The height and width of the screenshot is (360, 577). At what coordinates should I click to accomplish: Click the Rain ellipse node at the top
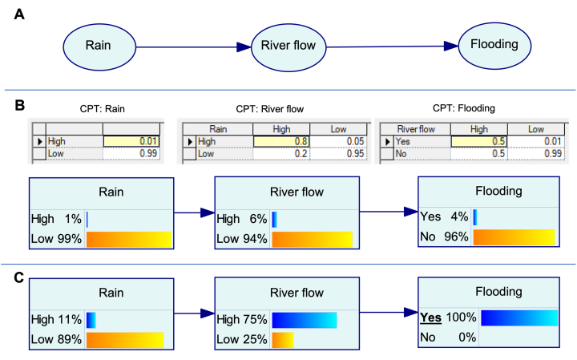coord(98,44)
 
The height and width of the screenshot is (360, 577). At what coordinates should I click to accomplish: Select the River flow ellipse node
coord(288,45)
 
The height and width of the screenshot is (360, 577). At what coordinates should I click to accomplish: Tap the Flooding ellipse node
coord(494,44)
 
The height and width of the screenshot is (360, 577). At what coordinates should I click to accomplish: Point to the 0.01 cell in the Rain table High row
coord(131,141)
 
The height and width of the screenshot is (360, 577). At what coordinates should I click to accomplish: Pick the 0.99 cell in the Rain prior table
coord(131,153)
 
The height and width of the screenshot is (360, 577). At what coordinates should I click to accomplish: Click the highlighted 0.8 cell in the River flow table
coord(281,141)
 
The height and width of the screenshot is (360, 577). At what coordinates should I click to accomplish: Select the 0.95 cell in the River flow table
coord(338,153)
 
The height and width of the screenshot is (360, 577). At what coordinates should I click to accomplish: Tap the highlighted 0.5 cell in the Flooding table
coord(479,141)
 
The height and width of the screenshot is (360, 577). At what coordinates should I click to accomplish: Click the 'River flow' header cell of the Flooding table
coord(416,129)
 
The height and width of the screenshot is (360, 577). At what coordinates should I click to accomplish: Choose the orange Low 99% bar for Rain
coord(128,239)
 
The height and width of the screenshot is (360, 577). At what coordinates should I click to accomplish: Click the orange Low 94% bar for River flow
coord(312,239)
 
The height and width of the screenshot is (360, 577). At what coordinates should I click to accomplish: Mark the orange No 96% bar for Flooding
coord(513,237)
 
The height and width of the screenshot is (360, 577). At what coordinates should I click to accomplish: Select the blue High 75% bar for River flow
coord(304,320)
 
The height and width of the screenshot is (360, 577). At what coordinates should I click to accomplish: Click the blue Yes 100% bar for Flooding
coord(518,318)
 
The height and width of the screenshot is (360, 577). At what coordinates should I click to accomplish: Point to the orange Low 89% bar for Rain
coord(124,340)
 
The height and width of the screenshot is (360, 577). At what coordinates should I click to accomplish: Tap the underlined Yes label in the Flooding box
coord(431,318)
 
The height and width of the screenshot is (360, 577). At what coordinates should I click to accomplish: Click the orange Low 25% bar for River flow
coord(282,340)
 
